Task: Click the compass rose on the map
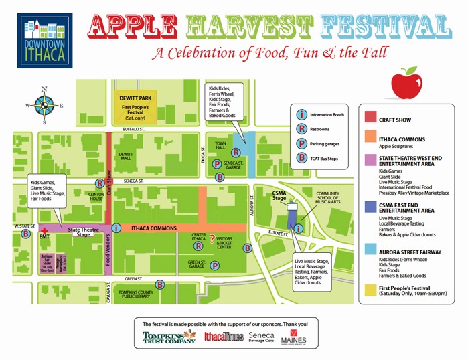[45, 104]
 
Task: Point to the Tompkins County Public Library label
[138, 296]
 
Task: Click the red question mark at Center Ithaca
[212, 239]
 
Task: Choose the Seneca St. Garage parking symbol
[217, 164]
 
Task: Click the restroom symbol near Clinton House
[100, 182]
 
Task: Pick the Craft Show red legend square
[370, 117]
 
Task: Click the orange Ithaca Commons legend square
[370, 139]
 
